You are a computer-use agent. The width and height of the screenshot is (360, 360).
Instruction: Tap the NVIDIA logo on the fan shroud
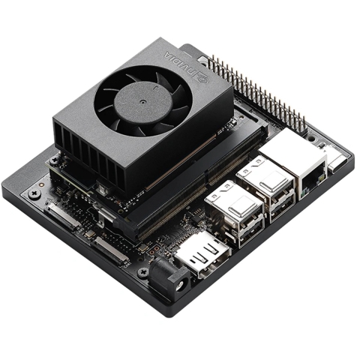183,64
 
